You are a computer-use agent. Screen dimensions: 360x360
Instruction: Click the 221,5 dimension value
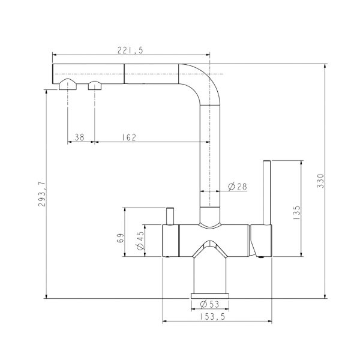[x=130, y=50]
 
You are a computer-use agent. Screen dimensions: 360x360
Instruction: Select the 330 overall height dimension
[x=320, y=181]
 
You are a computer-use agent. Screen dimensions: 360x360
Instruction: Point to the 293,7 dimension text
[x=42, y=194]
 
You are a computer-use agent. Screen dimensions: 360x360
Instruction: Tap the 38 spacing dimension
[x=80, y=137]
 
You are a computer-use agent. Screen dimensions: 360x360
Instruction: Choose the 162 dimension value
[x=129, y=137]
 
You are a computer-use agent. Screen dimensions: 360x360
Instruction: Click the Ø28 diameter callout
[x=238, y=187]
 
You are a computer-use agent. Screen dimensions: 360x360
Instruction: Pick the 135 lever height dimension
[x=296, y=212]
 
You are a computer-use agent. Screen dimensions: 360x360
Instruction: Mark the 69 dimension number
[x=121, y=238]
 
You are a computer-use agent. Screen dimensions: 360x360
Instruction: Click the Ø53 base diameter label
[x=209, y=304]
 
